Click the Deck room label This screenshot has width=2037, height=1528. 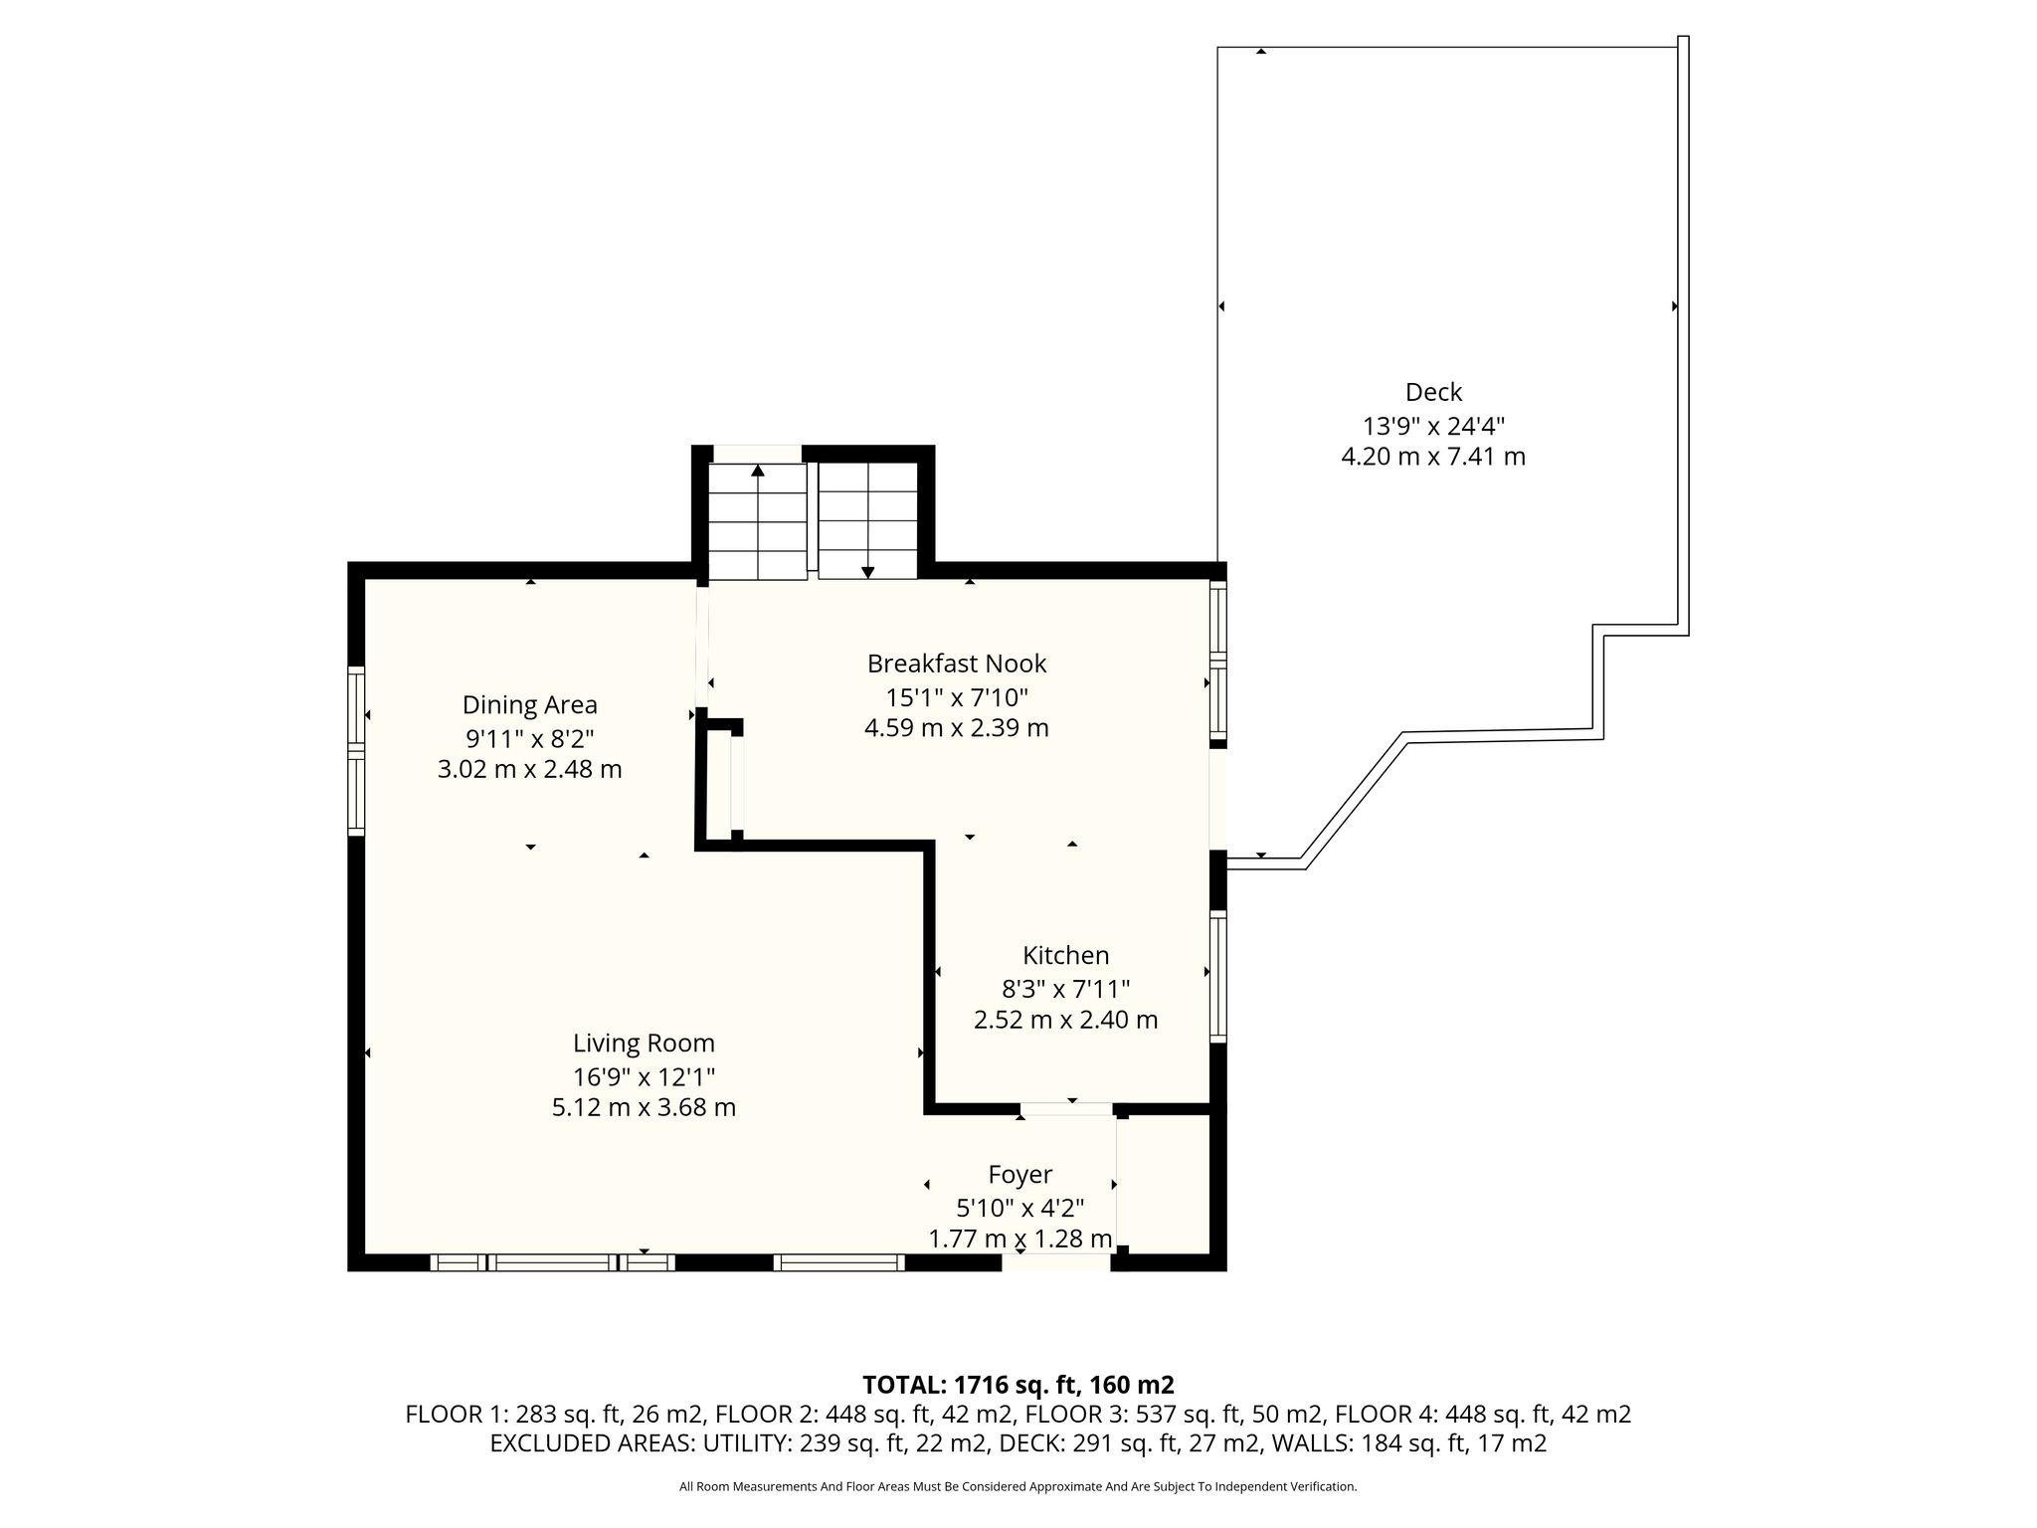tap(1433, 392)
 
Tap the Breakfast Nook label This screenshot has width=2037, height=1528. tap(957, 664)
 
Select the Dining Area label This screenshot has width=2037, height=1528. tap(530, 705)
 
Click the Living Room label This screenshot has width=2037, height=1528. tap(644, 1044)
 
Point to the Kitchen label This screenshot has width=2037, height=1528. tap(1065, 956)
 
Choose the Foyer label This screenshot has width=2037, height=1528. tap(1019, 1175)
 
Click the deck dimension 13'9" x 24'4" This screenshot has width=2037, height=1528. tap(1433, 426)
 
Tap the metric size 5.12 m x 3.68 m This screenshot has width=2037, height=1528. tap(644, 1107)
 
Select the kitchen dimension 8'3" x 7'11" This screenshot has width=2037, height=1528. tap(1065, 989)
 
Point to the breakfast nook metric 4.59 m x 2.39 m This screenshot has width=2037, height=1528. tap(957, 728)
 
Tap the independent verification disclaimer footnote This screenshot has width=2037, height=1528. tap(1018, 1487)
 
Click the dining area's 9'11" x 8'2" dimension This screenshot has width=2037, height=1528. tap(530, 738)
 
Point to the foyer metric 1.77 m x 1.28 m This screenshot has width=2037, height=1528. tap(1019, 1240)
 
